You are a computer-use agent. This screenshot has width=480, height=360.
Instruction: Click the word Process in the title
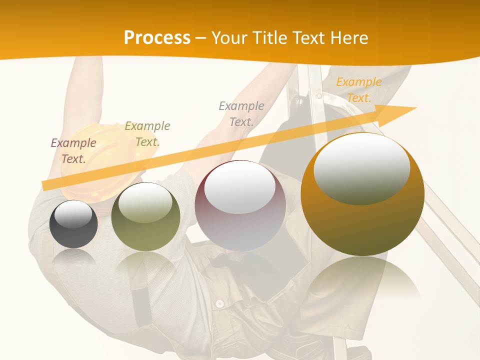point(157,37)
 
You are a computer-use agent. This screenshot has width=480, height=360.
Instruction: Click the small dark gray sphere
point(73,224)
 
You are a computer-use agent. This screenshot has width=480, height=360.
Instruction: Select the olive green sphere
point(145,217)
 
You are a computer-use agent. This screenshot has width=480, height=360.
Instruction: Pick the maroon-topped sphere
point(240,206)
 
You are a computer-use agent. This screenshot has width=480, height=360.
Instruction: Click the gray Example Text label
point(241,113)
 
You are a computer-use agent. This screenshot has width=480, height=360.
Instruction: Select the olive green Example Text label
point(147,134)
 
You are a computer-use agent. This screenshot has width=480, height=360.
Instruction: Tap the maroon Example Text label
point(73,150)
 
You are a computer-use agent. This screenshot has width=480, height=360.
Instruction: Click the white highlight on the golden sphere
point(362,168)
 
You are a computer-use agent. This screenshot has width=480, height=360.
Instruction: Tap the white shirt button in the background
point(219,303)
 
